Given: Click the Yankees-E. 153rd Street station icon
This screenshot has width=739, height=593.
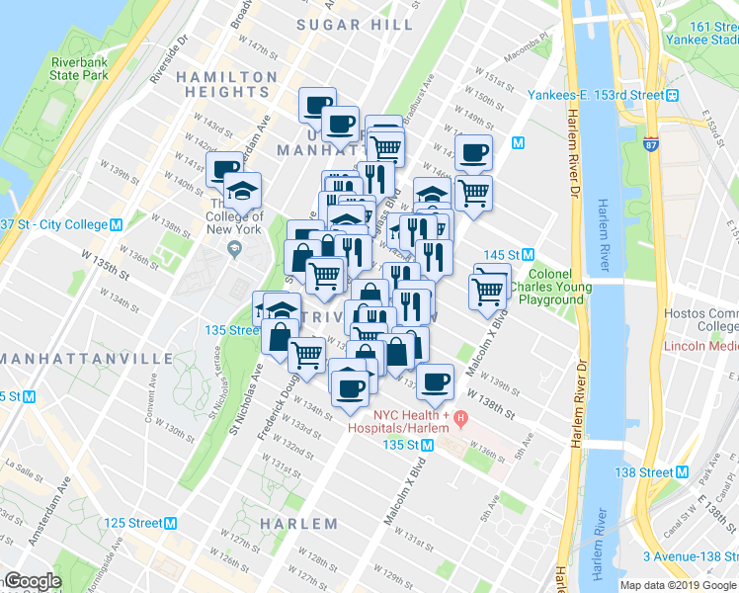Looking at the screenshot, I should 672,96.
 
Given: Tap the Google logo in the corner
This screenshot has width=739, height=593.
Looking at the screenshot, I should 32,581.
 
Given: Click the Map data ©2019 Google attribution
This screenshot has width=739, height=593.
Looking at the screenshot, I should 678,585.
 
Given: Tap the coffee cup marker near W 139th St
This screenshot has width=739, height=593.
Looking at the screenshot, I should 435,381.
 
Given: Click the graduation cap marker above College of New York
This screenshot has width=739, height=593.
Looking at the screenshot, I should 242,189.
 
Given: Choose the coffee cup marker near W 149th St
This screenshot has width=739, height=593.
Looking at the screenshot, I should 473,151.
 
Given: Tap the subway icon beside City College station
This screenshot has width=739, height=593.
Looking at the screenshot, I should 117,224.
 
